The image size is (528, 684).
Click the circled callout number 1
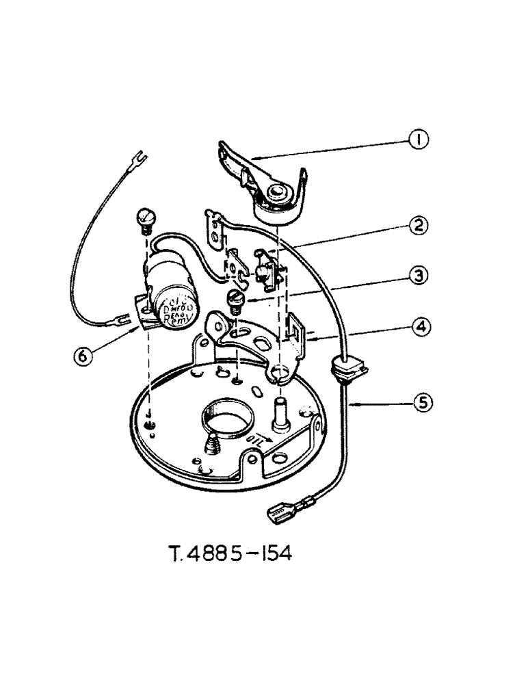(x=419, y=140)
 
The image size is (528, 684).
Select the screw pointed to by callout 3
(x=235, y=300)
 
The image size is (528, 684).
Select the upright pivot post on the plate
(x=282, y=415)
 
